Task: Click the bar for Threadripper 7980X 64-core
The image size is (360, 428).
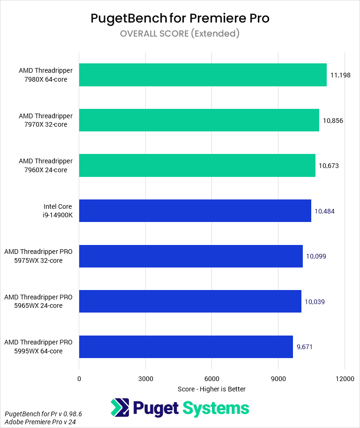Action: pyautogui.click(x=202, y=75)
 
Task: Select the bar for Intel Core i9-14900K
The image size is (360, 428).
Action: pyautogui.click(x=195, y=211)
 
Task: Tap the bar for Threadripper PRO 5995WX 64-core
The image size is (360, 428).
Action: pyautogui.click(x=186, y=347)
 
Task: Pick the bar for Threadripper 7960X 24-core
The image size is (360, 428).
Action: pyautogui.click(x=197, y=166)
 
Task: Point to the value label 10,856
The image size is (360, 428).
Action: pyautogui.click(x=333, y=121)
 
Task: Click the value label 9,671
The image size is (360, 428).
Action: pyautogui.click(x=304, y=347)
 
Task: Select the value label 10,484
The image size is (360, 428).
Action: pyautogui.click(x=324, y=211)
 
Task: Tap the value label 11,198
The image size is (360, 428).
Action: pyautogui.click(x=340, y=75)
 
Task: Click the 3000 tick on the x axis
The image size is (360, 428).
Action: pyautogui.click(x=145, y=379)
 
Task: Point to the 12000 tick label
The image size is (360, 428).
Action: pyautogui.click(x=345, y=379)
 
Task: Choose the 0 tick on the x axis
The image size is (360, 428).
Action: pyautogui.click(x=79, y=379)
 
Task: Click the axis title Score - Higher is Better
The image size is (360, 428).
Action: pyautogui.click(x=211, y=389)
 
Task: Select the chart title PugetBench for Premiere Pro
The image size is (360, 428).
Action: pyautogui.click(x=180, y=18)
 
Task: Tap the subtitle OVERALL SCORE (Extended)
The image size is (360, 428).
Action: pyautogui.click(x=180, y=33)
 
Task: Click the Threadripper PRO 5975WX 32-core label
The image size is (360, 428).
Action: pyautogui.click(x=38, y=256)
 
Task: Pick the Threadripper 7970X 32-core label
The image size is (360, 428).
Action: pyautogui.click(x=45, y=120)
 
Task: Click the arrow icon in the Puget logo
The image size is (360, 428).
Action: pyautogui.click(x=120, y=408)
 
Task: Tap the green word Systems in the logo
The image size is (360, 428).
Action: pyautogui.click(x=216, y=408)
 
